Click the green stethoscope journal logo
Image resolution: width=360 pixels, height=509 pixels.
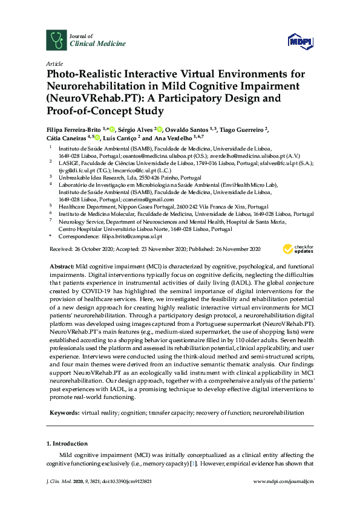point(56,39)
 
